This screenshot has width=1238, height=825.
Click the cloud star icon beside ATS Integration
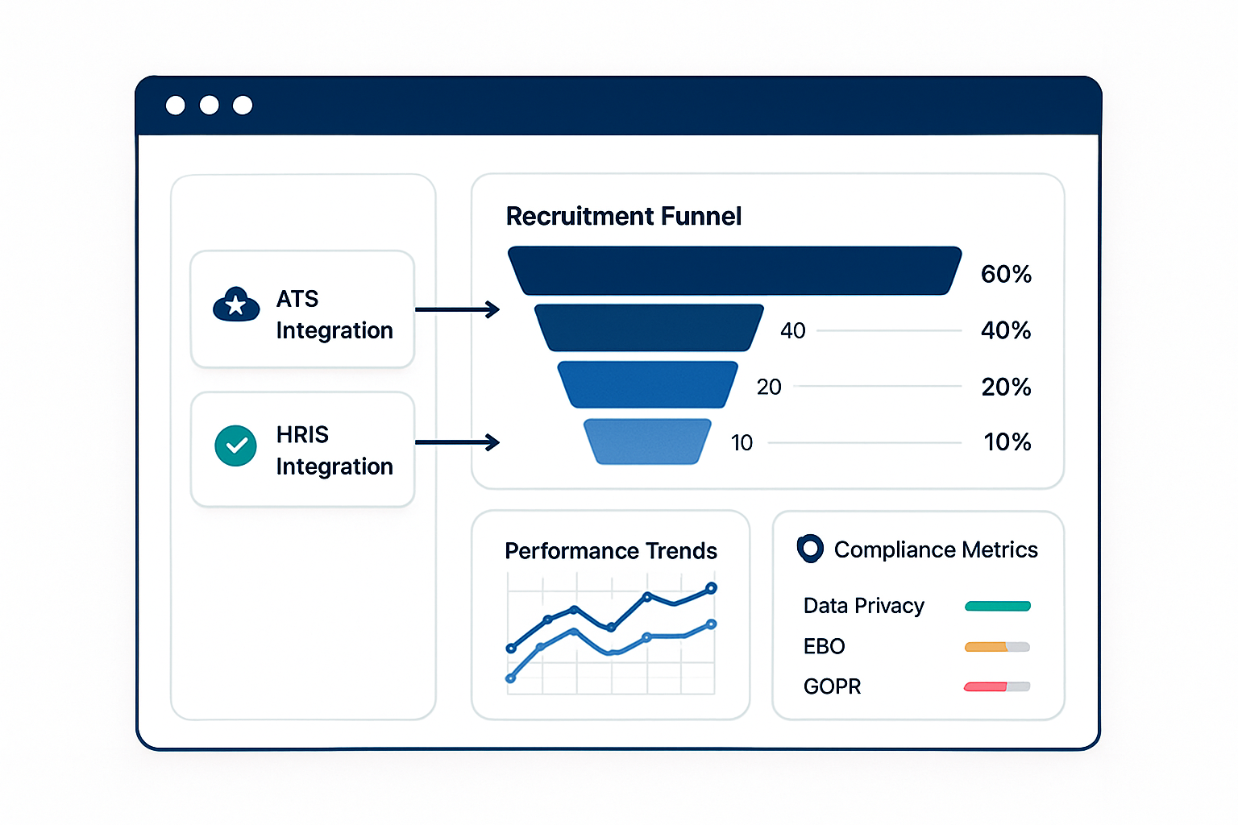(236, 305)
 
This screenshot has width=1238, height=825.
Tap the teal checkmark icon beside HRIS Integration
(235, 446)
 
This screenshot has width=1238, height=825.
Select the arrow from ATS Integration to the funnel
(458, 309)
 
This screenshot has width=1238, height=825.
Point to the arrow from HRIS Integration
(458, 442)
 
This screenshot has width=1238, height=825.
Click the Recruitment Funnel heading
(623, 216)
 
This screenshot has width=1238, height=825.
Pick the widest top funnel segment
(734, 271)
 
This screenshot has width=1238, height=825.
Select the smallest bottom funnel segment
(647, 442)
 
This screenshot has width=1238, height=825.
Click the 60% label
(1006, 274)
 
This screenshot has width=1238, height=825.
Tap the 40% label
(1006, 330)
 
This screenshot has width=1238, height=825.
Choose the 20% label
(1006, 387)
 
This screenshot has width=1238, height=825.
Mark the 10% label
(1007, 442)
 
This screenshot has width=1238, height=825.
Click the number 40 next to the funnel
(793, 330)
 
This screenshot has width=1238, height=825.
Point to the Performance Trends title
(611, 551)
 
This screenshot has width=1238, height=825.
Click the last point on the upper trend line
(712, 588)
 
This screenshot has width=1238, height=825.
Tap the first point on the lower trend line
(511, 678)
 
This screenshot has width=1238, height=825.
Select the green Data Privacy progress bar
(998, 606)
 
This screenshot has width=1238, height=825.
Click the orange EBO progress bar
(986, 646)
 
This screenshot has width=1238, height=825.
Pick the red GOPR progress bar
(986, 687)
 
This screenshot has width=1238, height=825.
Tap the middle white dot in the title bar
(209, 105)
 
